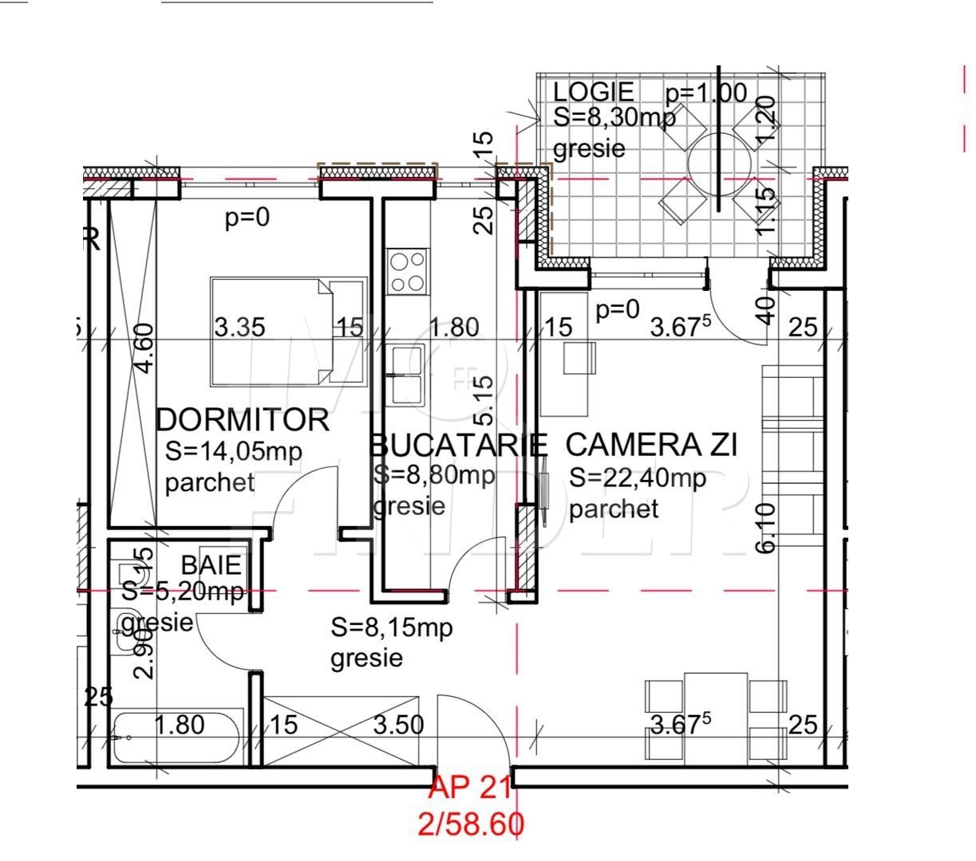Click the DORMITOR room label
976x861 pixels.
pyautogui.click(x=242, y=420)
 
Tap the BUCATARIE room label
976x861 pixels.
pyautogui.click(x=459, y=445)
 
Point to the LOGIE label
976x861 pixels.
pyautogui.click(x=594, y=92)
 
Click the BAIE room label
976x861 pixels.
pyautogui.click(x=211, y=565)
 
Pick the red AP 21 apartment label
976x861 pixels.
pyautogui.click(x=470, y=788)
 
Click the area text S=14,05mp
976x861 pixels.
pyautogui.click(x=234, y=452)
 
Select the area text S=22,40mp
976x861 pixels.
pyautogui.click(x=638, y=478)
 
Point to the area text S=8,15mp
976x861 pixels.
pyautogui.click(x=392, y=628)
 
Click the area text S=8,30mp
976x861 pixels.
pyautogui.click(x=614, y=117)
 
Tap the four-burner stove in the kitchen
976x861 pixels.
pyautogui.click(x=407, y=272)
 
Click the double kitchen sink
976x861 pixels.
pyautogui.click(x=407, y=375)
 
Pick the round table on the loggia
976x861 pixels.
pyautogui.click(x=720, y=163)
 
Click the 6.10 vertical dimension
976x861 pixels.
pyautogui.click(x=765, y=527)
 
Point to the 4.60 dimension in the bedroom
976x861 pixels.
pyautogui.click(x=144, y=348)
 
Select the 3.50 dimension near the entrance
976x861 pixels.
pyautogui.click(x=399, y=725)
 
